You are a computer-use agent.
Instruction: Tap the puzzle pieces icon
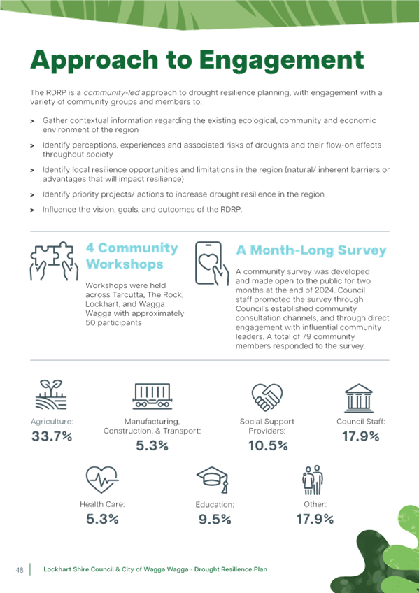54,262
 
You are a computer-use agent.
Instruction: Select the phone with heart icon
212,264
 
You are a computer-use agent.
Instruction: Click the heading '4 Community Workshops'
132,256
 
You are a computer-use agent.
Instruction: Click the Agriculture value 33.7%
52,437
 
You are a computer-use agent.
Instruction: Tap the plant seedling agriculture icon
51,395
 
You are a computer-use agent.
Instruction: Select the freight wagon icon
152,396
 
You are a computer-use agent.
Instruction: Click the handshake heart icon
267,397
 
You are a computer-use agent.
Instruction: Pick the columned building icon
359,398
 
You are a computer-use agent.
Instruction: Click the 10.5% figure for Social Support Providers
268,446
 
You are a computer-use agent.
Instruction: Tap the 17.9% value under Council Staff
361,437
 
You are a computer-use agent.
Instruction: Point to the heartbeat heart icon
101,480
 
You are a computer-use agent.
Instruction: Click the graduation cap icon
212,480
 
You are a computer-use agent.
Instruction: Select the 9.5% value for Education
215,520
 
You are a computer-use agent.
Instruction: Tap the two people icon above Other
313,480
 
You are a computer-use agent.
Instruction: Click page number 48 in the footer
20,569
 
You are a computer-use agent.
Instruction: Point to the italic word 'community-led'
111,92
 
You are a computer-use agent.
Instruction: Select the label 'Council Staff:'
361,422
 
